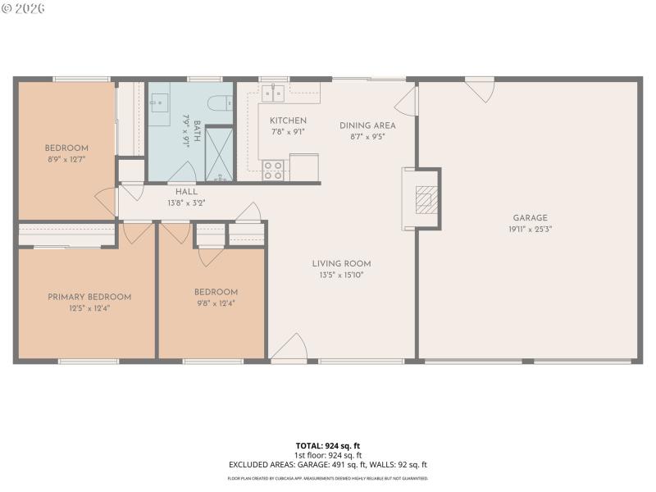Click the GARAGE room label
[x=530, y=218]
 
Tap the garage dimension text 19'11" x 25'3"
[x=530, y=230]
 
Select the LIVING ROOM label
[x=341, y=264]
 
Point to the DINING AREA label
[x=367, y=125]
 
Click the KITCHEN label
[x=288, y=121]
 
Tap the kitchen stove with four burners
[x=273, y=170]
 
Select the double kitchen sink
[x=273, y=92]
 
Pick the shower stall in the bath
[x=218, y=153]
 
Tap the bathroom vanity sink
[x=159, y=102]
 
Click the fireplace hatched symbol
[x=425, y=199]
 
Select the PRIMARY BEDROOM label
[x=89, y=297]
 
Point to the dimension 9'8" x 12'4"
[x=216, y=304]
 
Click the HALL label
[x=186, y=192]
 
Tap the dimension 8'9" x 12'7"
[x=66, y=161]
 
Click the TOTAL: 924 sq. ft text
[x=328, y=446]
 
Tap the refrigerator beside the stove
[x=303, y=166]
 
